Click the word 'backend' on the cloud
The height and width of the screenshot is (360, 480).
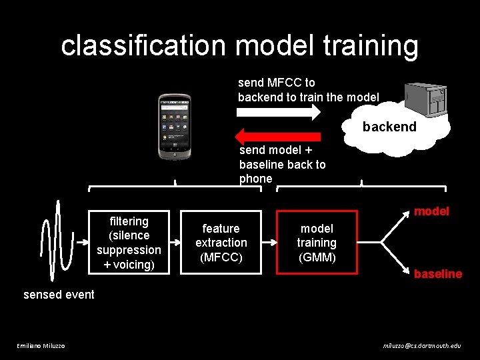pos(389,127)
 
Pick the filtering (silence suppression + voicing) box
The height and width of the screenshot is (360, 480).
pos(129,243)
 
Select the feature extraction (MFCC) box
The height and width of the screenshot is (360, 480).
pos(221,243)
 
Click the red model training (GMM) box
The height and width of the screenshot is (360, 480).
pos(317,243)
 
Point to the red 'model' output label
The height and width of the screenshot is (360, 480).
pos(431,211)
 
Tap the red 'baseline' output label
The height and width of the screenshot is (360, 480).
pos(437,274)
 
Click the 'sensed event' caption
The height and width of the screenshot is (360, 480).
pos(59,294)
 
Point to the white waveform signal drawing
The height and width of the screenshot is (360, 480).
pos(57,240)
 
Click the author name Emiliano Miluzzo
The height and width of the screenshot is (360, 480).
pos(41,345)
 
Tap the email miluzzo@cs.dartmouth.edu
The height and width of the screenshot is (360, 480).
pos(421,345)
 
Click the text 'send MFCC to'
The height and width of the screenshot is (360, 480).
pos(277,83)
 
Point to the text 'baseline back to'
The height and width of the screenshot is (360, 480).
pos(283,164)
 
